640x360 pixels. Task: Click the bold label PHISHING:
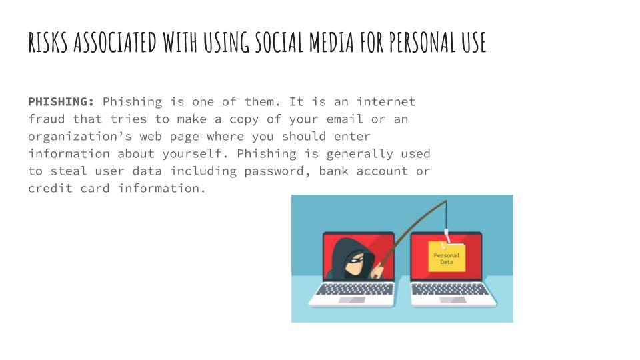coord(61,102)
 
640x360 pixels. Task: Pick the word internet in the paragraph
coord(386,102)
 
